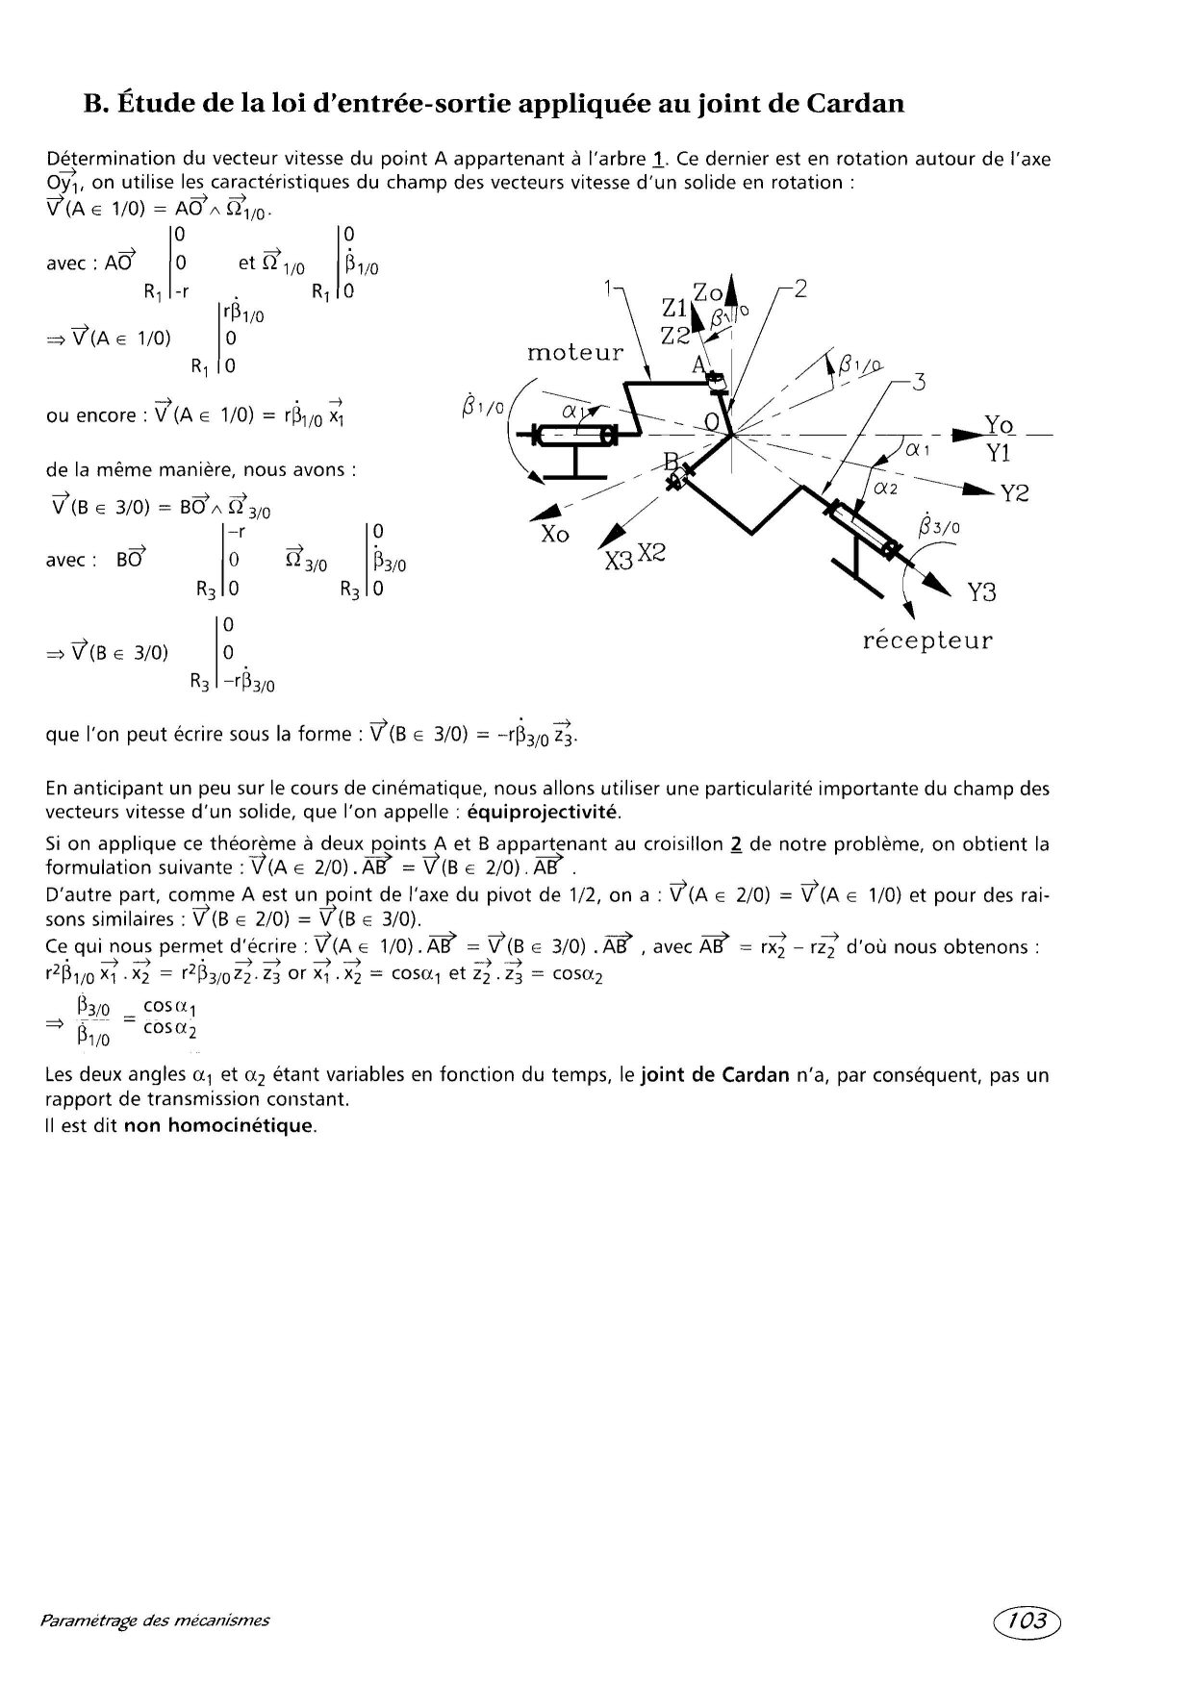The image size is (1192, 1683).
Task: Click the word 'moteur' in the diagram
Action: point(575,352)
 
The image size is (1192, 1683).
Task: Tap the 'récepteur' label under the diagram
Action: point(927,641)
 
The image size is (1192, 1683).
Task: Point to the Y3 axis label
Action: point(981,592)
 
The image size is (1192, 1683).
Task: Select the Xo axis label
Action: point(554,534)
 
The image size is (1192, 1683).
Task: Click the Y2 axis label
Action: point(1014,494)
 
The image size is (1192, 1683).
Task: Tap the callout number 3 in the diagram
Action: point(918,383)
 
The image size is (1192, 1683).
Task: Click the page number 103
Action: point(1027,1620)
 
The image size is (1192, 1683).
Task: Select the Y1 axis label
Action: point(998,453)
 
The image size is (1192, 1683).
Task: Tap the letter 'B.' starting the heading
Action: point(93,103)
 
